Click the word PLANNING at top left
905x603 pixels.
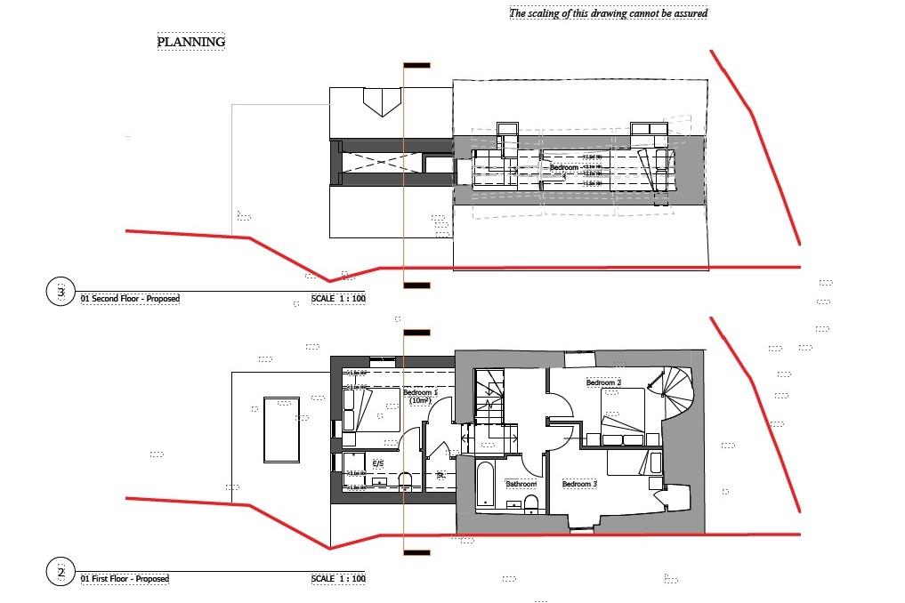tap(191, 42)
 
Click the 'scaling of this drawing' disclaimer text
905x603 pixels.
tap(608, 13)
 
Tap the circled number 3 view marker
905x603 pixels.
tap(61, 292)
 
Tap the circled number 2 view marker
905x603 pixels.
tap(61, 572)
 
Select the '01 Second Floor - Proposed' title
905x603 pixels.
tap(130, 299)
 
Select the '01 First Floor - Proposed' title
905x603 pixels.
tap(125, 579)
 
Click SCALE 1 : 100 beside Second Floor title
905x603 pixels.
tap(338, 299)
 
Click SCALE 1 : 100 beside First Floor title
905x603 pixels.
tap(338, 579)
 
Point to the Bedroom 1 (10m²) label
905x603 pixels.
tap(420, 397)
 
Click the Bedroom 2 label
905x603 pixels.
tap(603, 383)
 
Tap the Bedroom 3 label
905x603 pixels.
tap(578, 484)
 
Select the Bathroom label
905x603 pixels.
tap(521, 485)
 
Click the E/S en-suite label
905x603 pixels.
tap(377, 463)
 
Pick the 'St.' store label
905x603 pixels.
tap(440, 476)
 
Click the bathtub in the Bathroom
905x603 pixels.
tap(486, 485)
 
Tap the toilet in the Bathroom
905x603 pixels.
tap(531, 504)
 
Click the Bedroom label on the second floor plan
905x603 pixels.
tap(563, 167)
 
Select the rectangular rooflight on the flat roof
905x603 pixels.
tap(281, 430)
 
